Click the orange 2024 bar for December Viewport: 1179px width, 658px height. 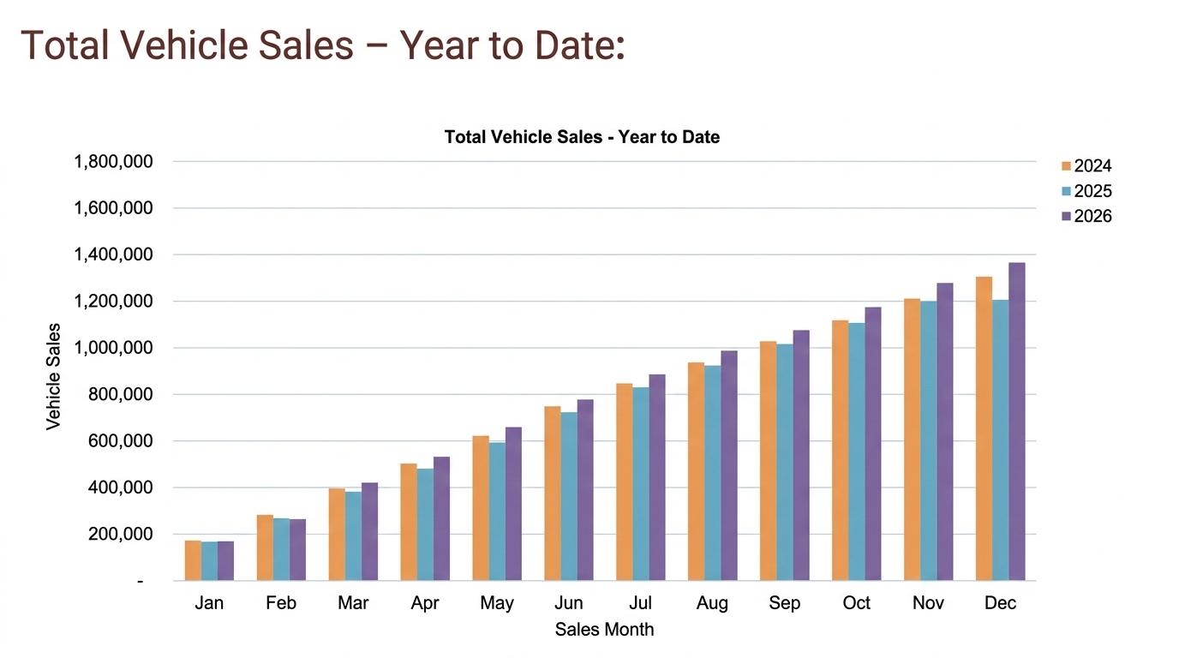coord(984,428)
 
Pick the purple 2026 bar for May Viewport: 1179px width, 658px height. coord(513,504)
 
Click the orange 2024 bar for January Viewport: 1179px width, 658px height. coord(193,560)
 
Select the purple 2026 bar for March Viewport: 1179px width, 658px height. coord(369,531)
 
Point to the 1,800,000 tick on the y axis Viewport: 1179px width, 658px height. coord(114,162)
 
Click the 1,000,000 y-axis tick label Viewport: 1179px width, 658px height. coord(114,348)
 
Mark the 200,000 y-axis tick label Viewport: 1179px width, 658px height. coord(121,534)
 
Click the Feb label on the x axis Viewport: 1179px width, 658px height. coord(281,603)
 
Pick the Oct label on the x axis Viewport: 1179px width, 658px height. coord(856,603)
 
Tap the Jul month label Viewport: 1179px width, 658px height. coord(640,603)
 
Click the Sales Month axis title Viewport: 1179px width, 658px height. coord(604,630)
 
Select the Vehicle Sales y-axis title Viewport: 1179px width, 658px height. coord(54,376)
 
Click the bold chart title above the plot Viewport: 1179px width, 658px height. coord(582,136)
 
